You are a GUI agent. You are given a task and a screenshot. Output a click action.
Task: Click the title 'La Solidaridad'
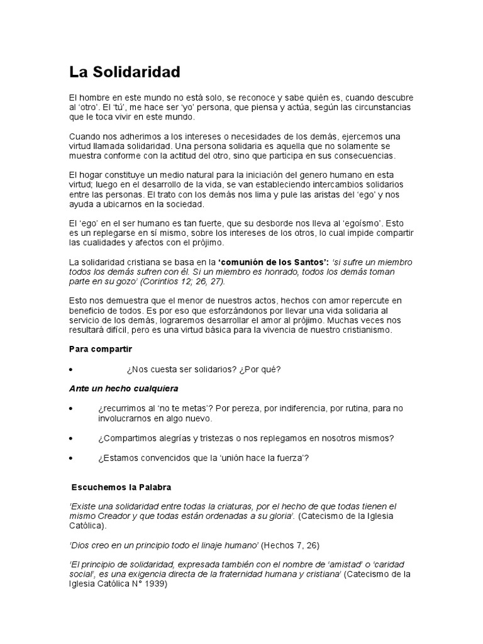[125, 72]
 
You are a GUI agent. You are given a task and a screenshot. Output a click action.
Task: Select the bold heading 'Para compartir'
[101, 348]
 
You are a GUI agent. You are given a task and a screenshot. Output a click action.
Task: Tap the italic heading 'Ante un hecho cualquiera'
[123, 388]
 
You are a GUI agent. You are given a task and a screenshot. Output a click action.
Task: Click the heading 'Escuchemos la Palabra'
[121, 487]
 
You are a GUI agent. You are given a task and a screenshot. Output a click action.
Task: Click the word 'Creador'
[115, 516]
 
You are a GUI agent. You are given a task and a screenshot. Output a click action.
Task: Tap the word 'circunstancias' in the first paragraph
[380, 108]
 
